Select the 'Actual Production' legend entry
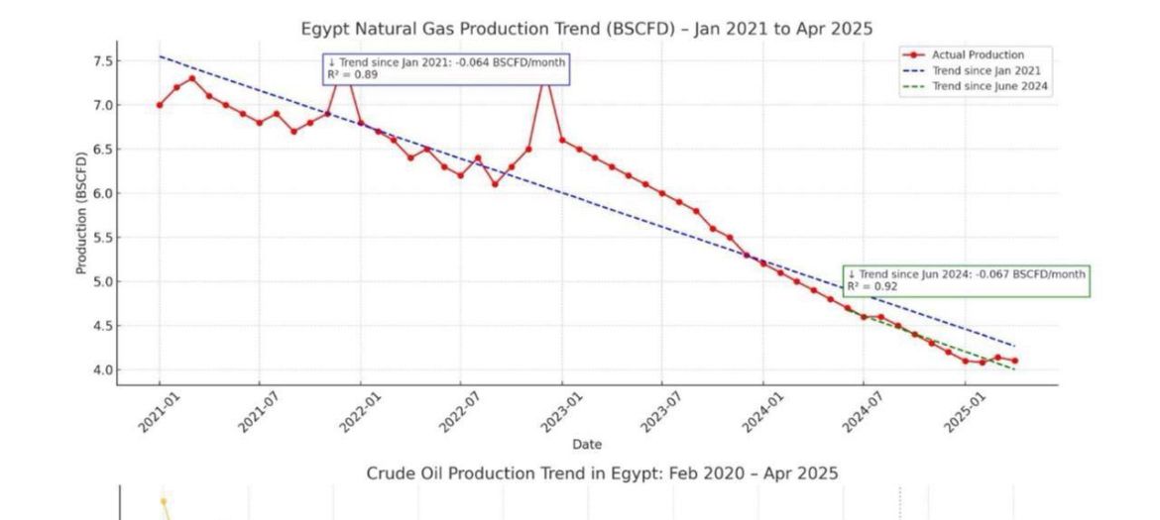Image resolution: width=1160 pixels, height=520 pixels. pyautogui.click(x=978, y=55)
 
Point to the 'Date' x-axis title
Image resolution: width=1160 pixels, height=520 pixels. pyautogui.click(x=586, y=445)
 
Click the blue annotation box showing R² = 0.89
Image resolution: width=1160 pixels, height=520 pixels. pyautogui.click(x=446, y=68)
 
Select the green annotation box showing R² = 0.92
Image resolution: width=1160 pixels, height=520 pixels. pyautogui.click(x=966, y=280)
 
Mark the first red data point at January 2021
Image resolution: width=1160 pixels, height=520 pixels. pyautogui.click(x=159, y=105)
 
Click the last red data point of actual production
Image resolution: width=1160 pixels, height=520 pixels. pyautogui.click(x=1014, y=361)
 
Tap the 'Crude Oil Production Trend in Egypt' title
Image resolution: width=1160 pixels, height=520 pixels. pyautogui.click(x=602, y=473)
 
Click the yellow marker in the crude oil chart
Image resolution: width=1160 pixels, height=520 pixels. pyautogui.click(x=164, y=501)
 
